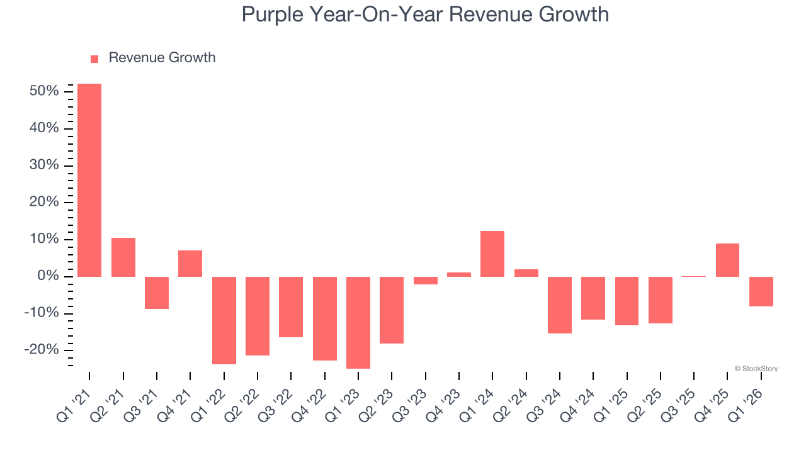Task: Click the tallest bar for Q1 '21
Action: pos(89,180)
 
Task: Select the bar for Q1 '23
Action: pos(358,322)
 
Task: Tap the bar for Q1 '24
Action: pos(492,254)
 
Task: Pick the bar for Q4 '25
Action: pos(727,260)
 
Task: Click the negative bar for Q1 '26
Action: pos(761,291)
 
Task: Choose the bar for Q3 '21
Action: pos(157,293)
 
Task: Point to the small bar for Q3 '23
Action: pos(426,281)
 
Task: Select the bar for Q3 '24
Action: pos(560,305)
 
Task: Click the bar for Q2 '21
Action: pos(123,257)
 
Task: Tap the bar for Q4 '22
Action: pos(325,318)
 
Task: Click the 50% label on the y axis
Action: pos(44,91)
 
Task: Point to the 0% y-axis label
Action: pos(48,276)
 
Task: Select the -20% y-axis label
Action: pos(42,350)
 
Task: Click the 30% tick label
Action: pos(44,165)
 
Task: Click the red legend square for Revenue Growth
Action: pos(94,59)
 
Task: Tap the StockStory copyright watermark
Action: pos(756,369)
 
